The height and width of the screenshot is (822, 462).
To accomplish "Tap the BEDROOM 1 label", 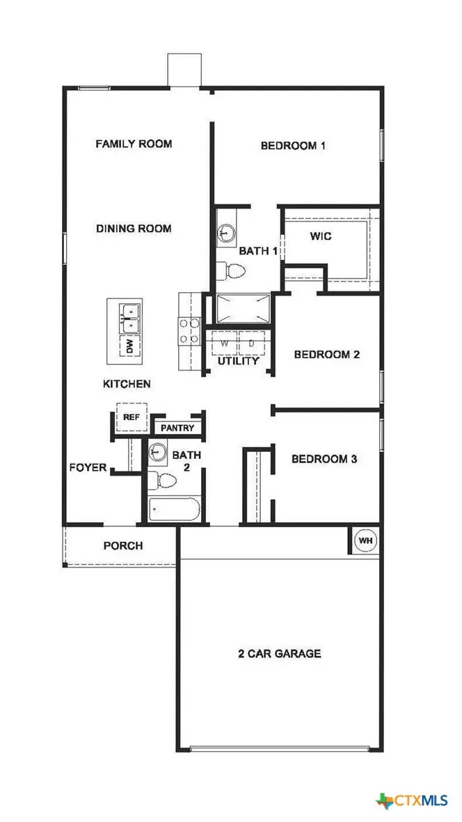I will tap(294, 146).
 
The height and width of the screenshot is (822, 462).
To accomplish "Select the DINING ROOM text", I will tap(134, 228).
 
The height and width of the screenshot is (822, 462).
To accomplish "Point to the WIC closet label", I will tap(321, 236).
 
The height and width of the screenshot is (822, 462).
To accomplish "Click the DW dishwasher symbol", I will tap(129, 346).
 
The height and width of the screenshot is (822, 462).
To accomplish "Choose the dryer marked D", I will tap(250, 344).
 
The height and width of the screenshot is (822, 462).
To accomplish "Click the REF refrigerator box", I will tap(131, 417).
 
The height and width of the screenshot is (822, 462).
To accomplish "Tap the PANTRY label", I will tap(177, 428).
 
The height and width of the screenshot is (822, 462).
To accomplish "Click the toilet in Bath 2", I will tap(164, 481).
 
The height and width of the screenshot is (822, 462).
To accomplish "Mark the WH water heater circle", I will tap(365, 540).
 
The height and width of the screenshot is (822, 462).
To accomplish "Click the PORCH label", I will tap(123, 546).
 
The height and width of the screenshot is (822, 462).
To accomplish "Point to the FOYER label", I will tap(88, 467).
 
